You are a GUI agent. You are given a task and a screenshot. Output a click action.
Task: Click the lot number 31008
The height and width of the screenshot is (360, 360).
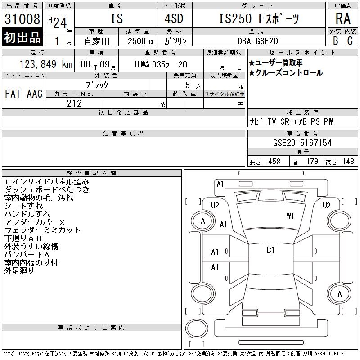point(22,19)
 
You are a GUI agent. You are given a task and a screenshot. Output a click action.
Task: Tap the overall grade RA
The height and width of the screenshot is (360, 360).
point(343,18)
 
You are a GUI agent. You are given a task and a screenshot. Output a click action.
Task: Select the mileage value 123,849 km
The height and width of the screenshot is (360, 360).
point(46,64)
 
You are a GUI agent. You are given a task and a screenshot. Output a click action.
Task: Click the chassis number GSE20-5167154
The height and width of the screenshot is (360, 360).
point(302,143)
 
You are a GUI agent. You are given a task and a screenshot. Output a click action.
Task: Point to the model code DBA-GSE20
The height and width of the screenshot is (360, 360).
point(257,41)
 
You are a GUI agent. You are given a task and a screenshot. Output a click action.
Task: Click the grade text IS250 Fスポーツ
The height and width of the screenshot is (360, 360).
point(259,18)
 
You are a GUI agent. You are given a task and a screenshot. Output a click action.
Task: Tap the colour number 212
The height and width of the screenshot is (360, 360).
point(74,103)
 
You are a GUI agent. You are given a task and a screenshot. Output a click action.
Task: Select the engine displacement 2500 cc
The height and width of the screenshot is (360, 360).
point(141,41)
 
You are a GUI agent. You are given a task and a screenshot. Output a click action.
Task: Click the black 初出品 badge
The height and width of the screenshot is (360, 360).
point(22,37)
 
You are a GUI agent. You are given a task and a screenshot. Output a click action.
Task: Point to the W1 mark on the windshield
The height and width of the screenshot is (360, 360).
point(290,216)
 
